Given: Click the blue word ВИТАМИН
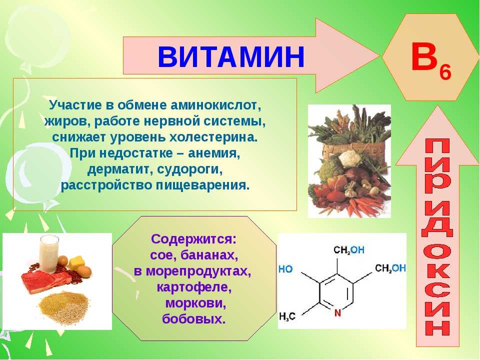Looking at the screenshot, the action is pyautogui.click(x=231, y=57).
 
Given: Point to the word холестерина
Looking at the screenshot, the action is pyautogui.click(x=213, y=137).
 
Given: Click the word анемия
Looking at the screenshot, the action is pyautogui.click(x=214, y=153).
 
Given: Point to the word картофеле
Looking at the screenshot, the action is pyautogui.click(x=194, y=287).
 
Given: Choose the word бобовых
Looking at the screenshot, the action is pyautogui.click(x=194, y=319).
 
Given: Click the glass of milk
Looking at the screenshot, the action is pyautogui.click(x=49, y=253).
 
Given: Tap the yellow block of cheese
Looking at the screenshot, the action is pyautogui.click(x=76, y=262).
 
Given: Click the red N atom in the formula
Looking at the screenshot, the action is pyautogui.click(x=337, y=313).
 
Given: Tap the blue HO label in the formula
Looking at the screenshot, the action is pyautogui.click(x=285, y=269).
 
